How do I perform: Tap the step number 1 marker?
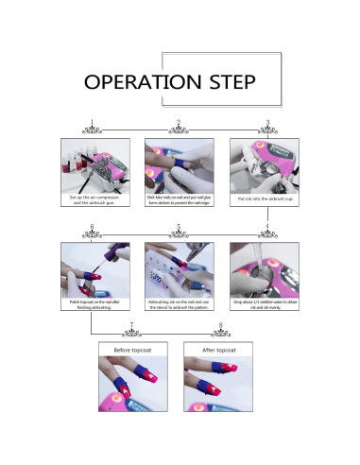[x=91, y=122]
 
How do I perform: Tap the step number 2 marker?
[x=179, y=122]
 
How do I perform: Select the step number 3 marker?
[x=267, y=122]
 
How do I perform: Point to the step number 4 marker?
[x=267, y=227]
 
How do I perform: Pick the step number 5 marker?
[x=179, y=227]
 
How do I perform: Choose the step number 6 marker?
[x=91, y=227]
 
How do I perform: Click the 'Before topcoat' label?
[x=135, y=351]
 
